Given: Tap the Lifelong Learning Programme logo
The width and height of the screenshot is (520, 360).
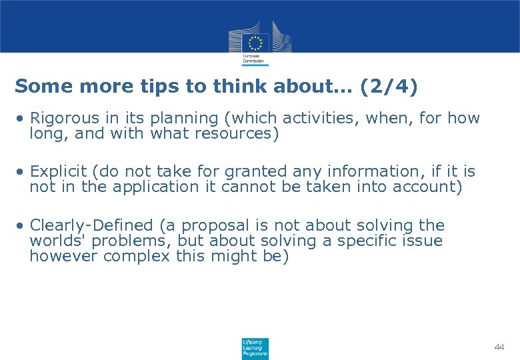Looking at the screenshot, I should pos(255,348).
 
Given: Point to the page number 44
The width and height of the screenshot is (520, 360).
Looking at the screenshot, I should pos(499,347).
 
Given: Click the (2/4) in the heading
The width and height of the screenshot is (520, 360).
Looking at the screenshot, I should pos(389,86).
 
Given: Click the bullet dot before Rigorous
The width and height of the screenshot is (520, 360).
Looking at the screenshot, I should pos(22,119).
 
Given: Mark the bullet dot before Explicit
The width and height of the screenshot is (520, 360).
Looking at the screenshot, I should pos(22,172).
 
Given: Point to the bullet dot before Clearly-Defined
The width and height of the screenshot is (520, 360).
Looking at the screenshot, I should pos(22,225).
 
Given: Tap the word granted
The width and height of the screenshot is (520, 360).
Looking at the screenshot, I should pos(244,172).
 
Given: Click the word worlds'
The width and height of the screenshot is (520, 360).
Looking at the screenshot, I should pos(54,241).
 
